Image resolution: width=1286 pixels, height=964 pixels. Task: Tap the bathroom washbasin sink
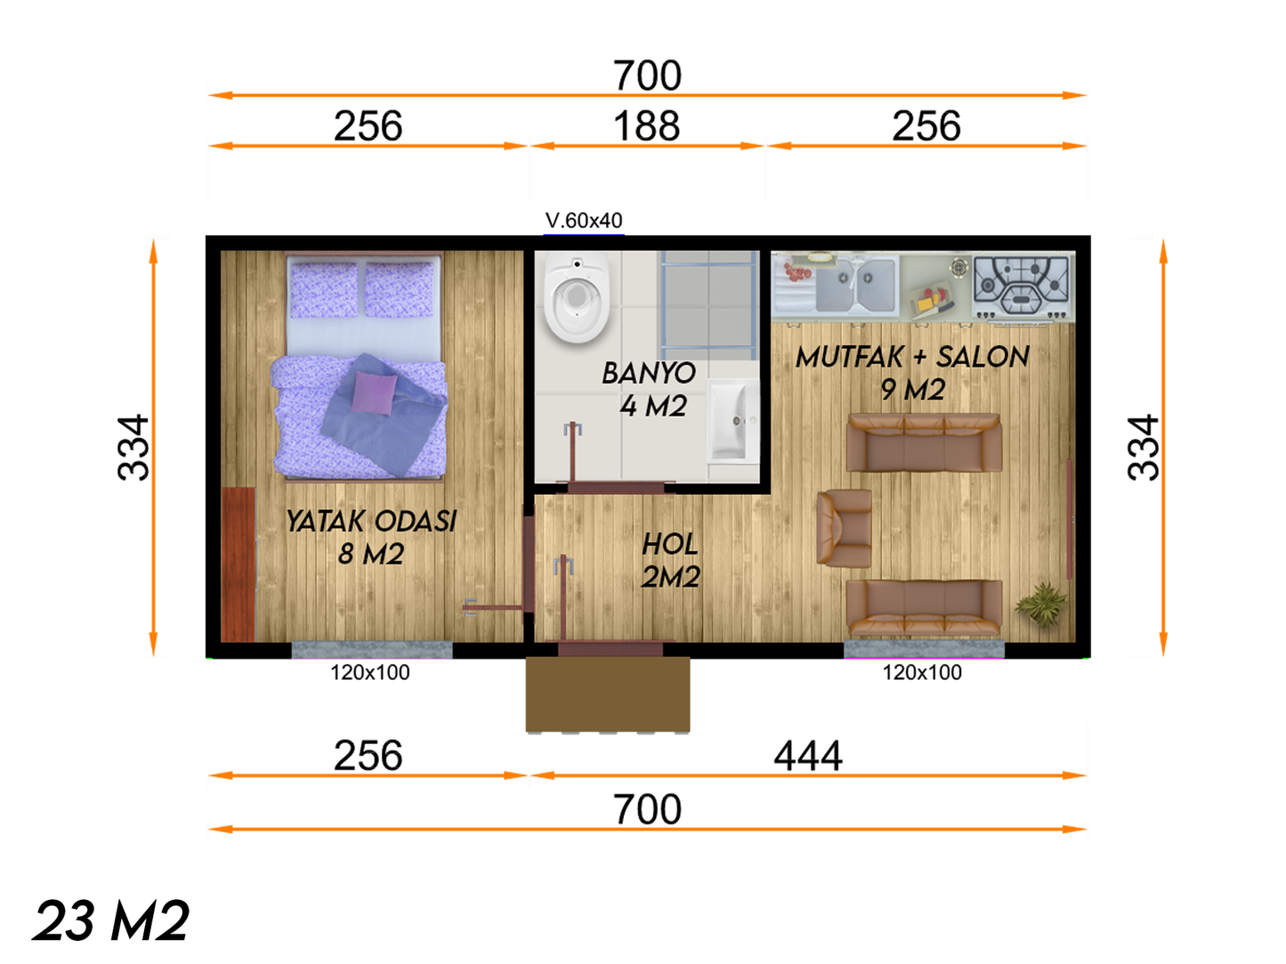[x=733, y=421]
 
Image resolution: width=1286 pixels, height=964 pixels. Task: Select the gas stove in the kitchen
[x=1021, y=286]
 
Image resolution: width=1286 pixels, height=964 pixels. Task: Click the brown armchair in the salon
[x=845, y=528]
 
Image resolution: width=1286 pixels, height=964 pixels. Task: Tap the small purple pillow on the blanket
[x=374, y=393]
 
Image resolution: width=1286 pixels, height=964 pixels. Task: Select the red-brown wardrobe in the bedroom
[x=238, y=564]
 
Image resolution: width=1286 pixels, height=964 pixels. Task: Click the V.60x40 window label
[x=584, y=221]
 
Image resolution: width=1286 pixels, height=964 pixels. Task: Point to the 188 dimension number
[x=646, y=126]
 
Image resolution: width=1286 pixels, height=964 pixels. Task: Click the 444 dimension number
[x=808, y=756]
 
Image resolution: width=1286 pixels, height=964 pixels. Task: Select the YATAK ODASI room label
[x=371, y=521]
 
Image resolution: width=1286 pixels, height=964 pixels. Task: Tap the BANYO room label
[x=649, y=373]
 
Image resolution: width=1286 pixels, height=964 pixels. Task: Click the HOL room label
[x=670, y=545]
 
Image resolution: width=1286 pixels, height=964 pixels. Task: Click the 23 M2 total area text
[x=111, y=920]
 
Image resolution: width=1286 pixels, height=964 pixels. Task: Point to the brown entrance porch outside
[x=608, y=695]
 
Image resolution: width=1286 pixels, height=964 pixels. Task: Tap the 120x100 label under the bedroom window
[x=369, y=673]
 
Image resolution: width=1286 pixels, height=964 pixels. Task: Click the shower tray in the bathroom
[x=709, y=304]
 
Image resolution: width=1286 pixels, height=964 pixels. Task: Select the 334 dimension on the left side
[x=133, y=448]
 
